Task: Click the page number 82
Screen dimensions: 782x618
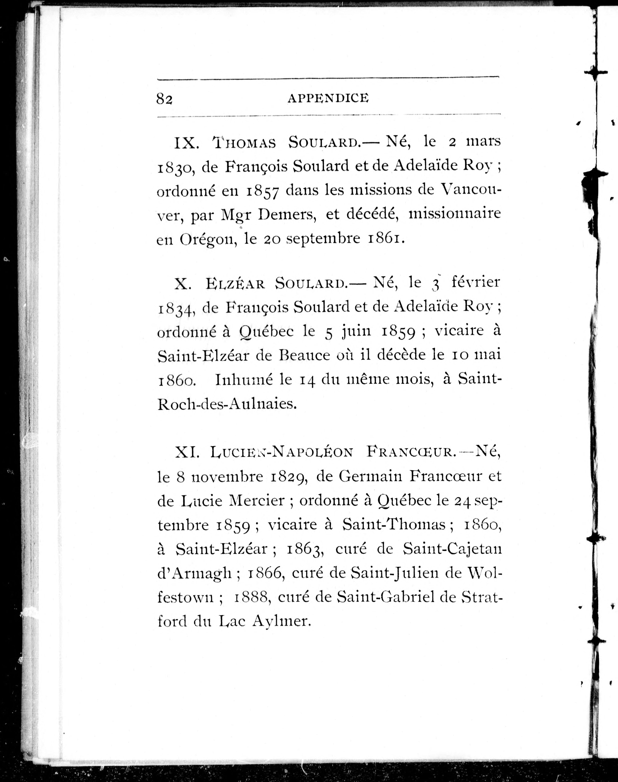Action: (x=164, y=98)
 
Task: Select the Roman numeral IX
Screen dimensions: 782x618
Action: (x=186, y=143)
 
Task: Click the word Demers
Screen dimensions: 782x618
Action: (x=288, y=214)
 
